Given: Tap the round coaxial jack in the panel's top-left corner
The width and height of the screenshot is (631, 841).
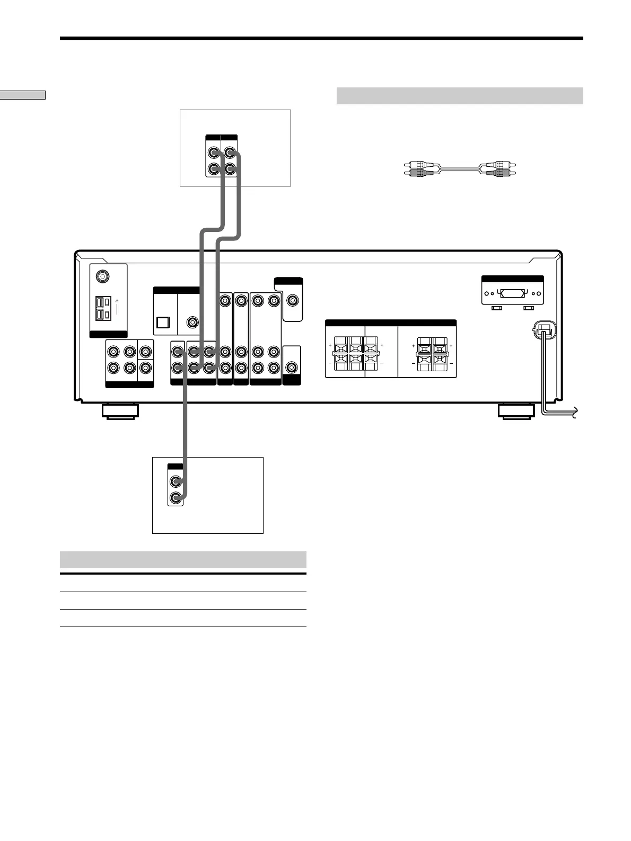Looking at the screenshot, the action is click(x=101, y=276).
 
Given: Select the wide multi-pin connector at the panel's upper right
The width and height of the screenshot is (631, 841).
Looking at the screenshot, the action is click(x=512, y=293).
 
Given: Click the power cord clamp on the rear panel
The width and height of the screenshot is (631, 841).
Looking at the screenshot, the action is click(x=542, y=332).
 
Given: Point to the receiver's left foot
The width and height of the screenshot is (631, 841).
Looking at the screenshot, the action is click(x=120, y=411).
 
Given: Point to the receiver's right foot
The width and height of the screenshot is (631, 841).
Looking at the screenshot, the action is click(x=516, y=411).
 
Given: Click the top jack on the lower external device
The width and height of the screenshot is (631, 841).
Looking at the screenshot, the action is click(x=176, y=482).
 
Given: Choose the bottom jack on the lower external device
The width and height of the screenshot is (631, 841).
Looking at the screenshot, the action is click(x=176, y=498).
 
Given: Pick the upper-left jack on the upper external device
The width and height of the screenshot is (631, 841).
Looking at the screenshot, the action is click(x=213, y=154).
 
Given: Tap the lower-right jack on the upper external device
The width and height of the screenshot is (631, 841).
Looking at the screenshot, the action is click(x=229, y=169).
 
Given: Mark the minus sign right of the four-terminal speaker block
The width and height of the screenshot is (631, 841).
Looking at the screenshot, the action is click(x=451, y=364).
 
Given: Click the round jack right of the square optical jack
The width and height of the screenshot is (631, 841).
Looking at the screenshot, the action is click(x=192, y=321).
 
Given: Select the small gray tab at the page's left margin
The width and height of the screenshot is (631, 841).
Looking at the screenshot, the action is click(x=23, y=95).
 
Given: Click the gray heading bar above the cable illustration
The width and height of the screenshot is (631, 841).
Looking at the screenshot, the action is click(x=460, y=96).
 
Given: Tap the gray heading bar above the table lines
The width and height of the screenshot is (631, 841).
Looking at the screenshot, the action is click(x=183, y=560).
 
